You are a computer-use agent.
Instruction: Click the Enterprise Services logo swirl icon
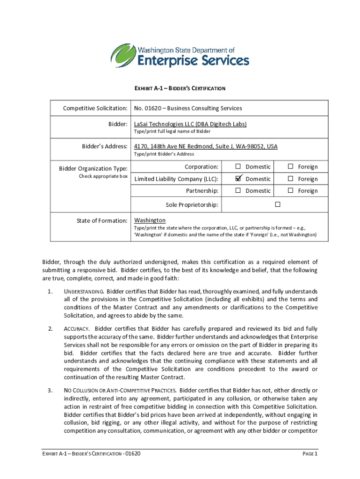[x=122, y=56]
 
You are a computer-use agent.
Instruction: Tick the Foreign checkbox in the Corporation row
[x=290, y=167]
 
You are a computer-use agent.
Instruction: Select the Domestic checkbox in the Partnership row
[x=238, y=190]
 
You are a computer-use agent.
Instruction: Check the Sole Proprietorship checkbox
[x=277, y=205]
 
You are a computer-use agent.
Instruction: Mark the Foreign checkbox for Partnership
[x=290, y=190]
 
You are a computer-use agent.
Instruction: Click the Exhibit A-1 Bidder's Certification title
[x=180, y=88]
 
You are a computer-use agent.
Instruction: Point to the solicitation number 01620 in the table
[x=149, y=109]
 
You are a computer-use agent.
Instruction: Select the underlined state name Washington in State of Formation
[x=150, y=220]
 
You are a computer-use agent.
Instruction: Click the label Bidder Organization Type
[x=93, y=168]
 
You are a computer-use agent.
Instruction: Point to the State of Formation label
[x=103, y=220]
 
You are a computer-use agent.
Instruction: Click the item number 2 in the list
[x=50, y=329]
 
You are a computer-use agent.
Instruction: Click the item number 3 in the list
[x=50, y=390]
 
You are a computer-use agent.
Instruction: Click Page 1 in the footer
[x=310, y=454]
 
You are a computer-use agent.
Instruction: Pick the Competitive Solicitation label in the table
[x=95, y=109]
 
